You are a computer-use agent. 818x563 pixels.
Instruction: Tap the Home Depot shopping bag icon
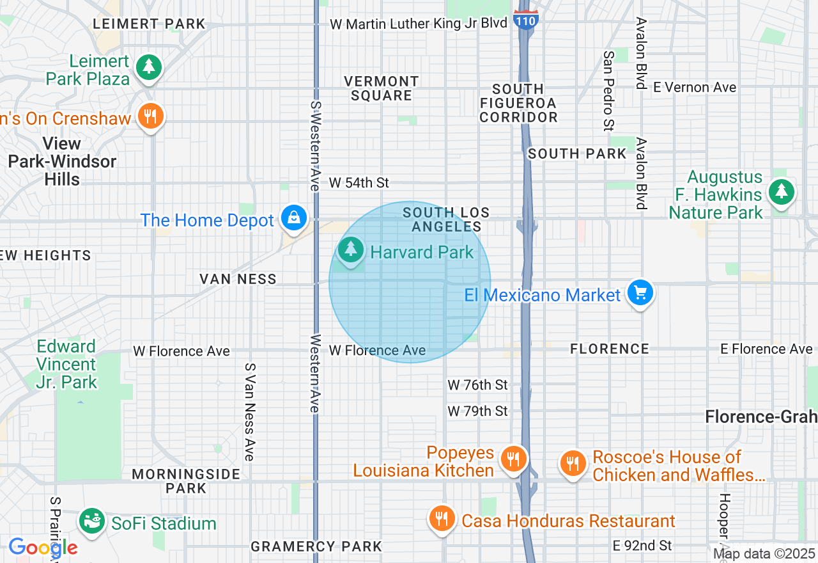(x=293, y=218)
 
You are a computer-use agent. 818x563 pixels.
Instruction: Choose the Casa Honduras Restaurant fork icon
(x=442, y=518)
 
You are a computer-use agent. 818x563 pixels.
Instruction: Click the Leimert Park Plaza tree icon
(x=149, y=67)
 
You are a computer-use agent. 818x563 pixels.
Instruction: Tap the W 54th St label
(x=359, y=183)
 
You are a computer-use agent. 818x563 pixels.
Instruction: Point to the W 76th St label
(x=477, y=385)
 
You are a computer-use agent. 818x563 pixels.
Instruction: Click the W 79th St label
(x=477, y=411)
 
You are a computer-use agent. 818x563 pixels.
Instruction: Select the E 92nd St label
(x=642, y=546)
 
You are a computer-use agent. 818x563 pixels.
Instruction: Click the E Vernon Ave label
(x=695, y=88)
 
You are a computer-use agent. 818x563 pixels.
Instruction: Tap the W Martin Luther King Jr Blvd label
(x=419, y=24)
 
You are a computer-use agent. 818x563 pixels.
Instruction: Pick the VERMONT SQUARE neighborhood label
(x=382, y=89)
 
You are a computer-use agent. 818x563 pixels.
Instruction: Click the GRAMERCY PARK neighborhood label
(x=316, y=546)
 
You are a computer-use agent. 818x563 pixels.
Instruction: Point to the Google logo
(x=43, y=548)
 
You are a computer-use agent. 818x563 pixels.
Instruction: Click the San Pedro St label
(x=608, y=91)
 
